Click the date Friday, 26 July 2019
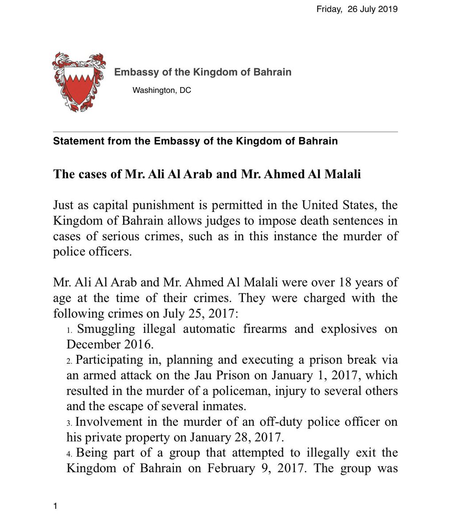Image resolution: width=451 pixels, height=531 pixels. tap(357, 9)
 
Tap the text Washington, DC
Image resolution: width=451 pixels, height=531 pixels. tap(162, 91)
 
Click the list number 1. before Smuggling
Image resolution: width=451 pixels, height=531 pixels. tap(69, 331)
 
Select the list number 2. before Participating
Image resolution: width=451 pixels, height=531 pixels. tap(69, 362)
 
